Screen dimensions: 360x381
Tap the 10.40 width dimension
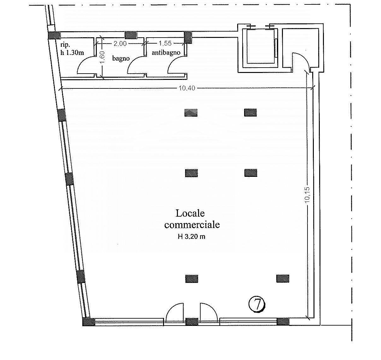[x=187, y=88]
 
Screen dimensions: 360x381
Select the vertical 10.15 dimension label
[x=307, y=195]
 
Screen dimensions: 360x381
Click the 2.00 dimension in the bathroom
[x=120, y=44]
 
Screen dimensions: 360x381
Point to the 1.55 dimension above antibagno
[x=165, y=43]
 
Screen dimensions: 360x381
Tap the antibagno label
[x=166, y=52]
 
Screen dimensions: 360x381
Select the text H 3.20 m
[x=191, y=237]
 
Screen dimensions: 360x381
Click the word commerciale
[x=192, y=225]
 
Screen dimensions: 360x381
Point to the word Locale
[x=190, y=213]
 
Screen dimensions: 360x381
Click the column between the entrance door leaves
[x=192, y=322]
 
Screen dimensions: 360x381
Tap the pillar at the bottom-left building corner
[x=89, y=322]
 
